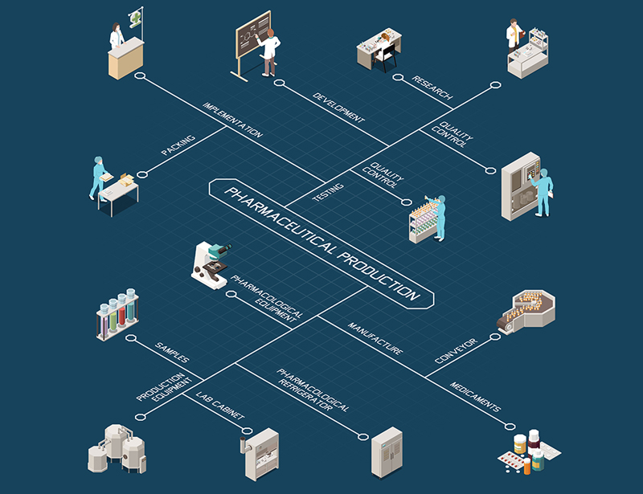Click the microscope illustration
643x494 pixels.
pyautogui.click(x=211, y=264)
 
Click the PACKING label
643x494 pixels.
pyautogui.click(x=178, y=141)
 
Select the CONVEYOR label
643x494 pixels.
pyautogui.click(x=456, y=350)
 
